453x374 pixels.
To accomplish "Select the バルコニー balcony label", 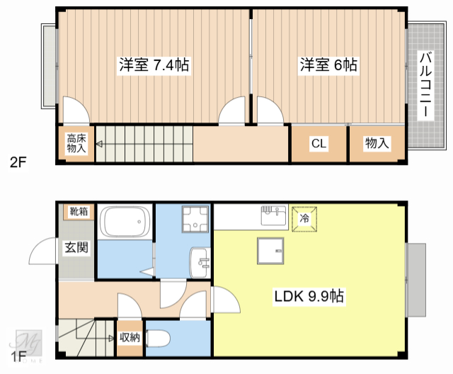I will [x=425, y=84].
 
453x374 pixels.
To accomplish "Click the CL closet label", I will [x=319, y=144].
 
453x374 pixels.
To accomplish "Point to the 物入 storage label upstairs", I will [x=377, y=144].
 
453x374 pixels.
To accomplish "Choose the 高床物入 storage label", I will [x=76, y=144].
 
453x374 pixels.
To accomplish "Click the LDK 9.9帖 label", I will [x=309, y=297].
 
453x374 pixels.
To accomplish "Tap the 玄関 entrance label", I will [x=76, y=248].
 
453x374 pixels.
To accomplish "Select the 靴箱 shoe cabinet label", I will [x=79, y=212].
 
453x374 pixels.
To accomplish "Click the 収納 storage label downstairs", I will [x=130, y=338].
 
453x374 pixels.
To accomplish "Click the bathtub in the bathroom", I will [x=125, y=222].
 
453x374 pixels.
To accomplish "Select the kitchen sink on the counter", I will [x=273, y=215].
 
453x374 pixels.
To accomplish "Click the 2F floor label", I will [x=18, y=162].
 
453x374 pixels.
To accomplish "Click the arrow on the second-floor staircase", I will [x=101, y=144].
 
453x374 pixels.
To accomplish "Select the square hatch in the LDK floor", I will [x=270, y=250].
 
